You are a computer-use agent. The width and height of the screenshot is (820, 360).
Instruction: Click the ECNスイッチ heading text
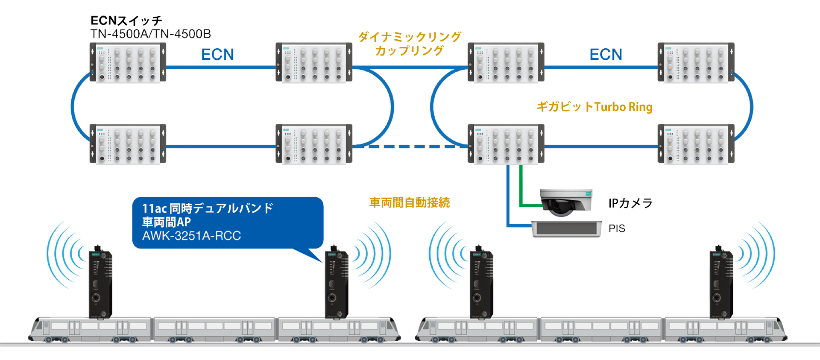tap(126, 20)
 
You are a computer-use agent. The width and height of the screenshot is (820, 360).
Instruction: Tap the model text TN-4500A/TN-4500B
tap(150, 34)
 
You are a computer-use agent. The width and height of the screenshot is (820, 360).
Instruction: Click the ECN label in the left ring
tap(217, 55)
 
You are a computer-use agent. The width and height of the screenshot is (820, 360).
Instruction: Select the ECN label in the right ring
tap(606, 55)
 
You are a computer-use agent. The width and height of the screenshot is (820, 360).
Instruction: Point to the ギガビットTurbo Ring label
tap(594, 107)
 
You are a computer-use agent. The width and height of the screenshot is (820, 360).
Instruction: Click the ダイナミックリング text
tap(409, 37)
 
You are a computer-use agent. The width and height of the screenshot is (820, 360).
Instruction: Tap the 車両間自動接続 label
tap(409, 202)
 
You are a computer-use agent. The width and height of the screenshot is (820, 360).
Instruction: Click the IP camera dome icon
tap(566, 202)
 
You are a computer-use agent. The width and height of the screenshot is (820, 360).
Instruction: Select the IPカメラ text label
tap(630, 203)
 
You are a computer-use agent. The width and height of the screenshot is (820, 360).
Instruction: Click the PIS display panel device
tap(566, 229)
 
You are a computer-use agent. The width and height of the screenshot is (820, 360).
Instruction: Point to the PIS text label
tap(617, 229)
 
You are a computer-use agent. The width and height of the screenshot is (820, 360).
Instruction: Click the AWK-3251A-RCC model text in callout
tap(191, 236)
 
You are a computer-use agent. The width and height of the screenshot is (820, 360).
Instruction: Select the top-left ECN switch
tap(128, 62)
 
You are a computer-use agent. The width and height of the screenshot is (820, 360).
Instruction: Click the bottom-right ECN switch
tap(696, 144)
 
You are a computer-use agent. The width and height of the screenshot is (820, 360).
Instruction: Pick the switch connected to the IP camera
tap(506, 144)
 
